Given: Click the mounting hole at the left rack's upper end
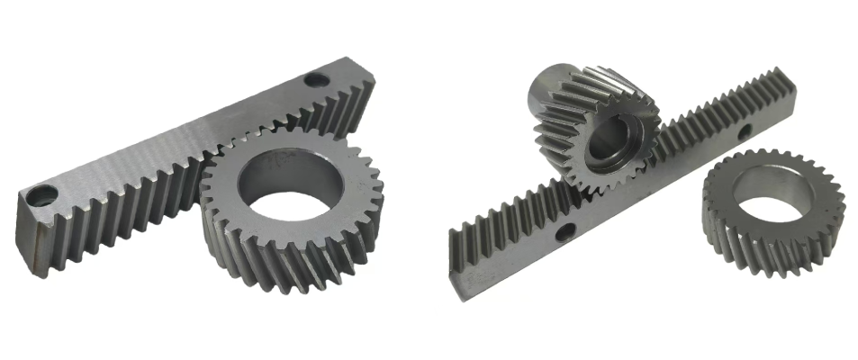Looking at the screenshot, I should (x=315, y=79).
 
